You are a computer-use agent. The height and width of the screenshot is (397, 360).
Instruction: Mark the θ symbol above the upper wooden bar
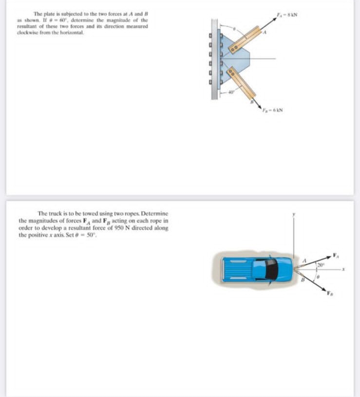pyautogui.click(x=234, y=29)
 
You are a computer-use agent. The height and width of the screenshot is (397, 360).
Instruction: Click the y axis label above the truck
pyautogui.click(x=294, y=214)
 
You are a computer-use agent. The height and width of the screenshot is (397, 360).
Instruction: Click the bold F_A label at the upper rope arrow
pyautogui.click(x=336, y=253)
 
